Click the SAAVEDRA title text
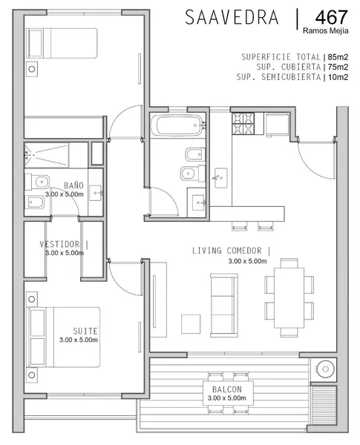(232, 17)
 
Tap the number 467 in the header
(331, 17)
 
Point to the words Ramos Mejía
(325, 30)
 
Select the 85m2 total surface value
(338, 57)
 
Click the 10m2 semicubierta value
(338, 77)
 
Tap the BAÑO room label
(73, 185)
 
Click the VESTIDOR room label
(59, 244)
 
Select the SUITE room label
(85, 332)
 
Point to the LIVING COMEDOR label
(227, 251)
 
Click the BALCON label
(227, 389)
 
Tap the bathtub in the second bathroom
(177, 125)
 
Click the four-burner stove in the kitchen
(243, 123)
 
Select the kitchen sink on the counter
(220, 178)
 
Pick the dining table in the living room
(289, 297)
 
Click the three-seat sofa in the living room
(224, 306)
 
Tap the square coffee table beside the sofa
(191, 324)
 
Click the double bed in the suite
(63, 337)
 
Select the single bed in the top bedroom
(62, 43)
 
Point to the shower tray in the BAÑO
(47, 155)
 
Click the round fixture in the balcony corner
(326, 369)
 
